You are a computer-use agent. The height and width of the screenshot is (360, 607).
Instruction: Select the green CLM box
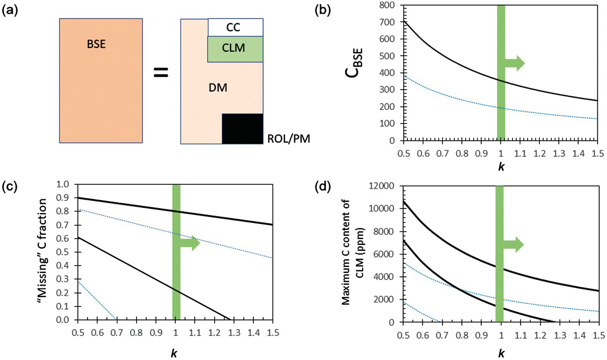pyautogui.click(x=235, y=49)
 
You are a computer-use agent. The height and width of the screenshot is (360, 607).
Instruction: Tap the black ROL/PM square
pyautogui.click(x=242, y=129)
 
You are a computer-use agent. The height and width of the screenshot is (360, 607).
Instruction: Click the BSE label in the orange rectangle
pyautogui.click(x=96, y=44)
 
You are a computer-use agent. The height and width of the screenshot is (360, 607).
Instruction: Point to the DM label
pyautogui.click(x=218, y=87)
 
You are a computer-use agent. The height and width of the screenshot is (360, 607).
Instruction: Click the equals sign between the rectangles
pyautogui.click(x=161, y=72)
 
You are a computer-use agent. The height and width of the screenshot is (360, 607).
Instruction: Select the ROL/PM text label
pyautogui.click(x=289, y=140)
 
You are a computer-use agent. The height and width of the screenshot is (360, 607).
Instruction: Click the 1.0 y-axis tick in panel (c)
pyautogui.click(x=64, y=184)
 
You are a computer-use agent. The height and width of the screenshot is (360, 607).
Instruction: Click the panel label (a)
pyautogui.click(x=10, y=10)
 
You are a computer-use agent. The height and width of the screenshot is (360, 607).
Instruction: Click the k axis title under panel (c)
pyautogui.click(x=174, y=353)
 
